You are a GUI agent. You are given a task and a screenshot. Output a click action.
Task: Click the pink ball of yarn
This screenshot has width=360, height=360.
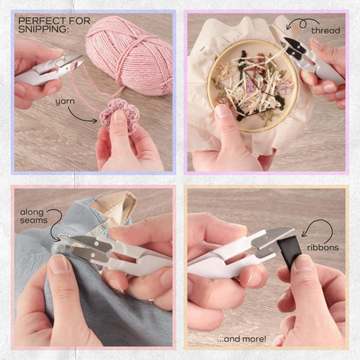tap(129, 57)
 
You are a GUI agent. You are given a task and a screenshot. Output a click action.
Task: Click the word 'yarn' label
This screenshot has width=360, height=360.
tap(65, 101)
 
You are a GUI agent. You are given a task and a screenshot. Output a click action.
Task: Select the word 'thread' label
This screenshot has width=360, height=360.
tap(325, 31)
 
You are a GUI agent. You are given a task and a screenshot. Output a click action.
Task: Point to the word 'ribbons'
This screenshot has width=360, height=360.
tap(323, 248)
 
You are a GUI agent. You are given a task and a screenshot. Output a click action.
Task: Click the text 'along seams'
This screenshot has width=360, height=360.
tap(34, 216)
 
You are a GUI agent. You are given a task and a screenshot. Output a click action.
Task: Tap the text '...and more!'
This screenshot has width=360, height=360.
tap(242, 339)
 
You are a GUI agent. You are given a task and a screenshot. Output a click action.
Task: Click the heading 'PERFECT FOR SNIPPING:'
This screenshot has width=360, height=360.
tap(54, 25)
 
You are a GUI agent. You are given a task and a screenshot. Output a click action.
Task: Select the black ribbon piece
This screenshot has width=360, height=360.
tap(289, 252)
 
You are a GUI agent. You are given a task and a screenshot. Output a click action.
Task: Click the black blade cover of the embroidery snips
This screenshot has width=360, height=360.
tap(295, 46)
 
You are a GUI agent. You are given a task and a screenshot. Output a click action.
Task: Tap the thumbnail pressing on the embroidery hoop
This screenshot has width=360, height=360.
tap(222, 111)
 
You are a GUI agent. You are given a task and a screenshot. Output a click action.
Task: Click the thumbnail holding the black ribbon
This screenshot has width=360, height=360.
tap(302, 263)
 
